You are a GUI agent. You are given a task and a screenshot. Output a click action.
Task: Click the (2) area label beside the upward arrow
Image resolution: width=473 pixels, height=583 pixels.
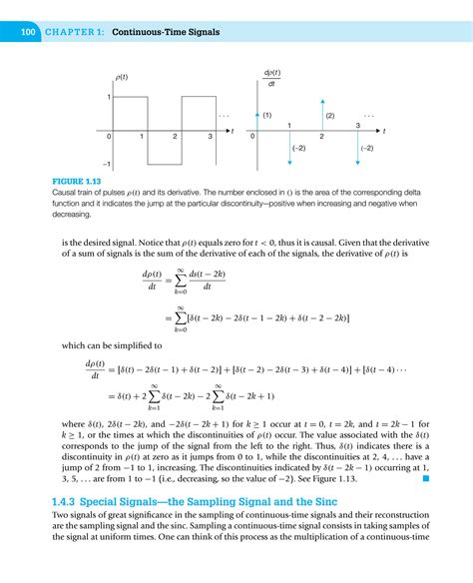(330, 116)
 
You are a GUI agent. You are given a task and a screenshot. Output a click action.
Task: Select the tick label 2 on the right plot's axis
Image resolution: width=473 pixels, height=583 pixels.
(321, 137)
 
